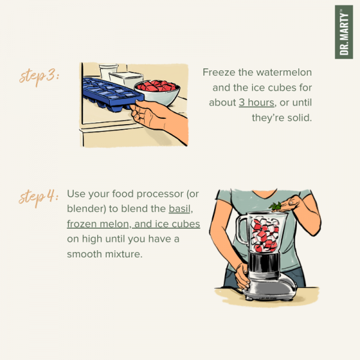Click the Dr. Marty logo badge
[x=343, y=32]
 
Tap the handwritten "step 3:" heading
[x=39, y=76]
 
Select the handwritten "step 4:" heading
[x=38, y=197]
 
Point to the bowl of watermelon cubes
[x=157, y=92]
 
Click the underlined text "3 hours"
[x=256, y=103]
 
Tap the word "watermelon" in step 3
[x=284, y=73]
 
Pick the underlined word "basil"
[x=179, y=209]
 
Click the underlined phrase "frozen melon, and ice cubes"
[x=133, y=224]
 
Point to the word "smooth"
[x=85, y=254]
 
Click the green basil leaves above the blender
[x=275, y=206]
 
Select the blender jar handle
[x=242, y=230]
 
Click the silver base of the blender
[x=269, y=286]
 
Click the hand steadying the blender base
[x=242, y=276]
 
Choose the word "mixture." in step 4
[x=124, y=254]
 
